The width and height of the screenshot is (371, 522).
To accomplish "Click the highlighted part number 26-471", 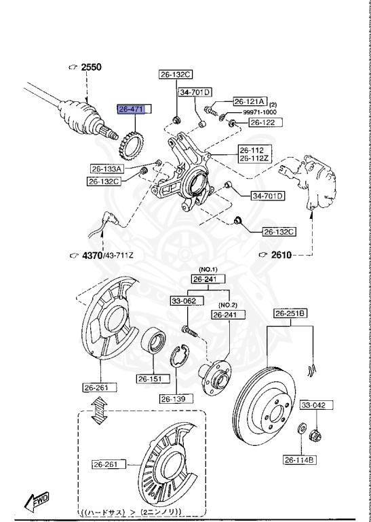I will click(134, 109).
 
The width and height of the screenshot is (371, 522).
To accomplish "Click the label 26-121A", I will click(250, 101).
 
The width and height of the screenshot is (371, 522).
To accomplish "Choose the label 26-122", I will click(263, 123).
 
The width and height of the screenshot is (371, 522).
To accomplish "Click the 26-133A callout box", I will click(108, 169).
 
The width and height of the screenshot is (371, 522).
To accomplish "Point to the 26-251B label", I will click(290, 313).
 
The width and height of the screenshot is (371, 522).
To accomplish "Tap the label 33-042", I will click(314, 404).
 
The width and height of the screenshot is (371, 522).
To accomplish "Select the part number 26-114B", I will click(299, 459).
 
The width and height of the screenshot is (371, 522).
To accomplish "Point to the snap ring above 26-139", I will click(182, 355).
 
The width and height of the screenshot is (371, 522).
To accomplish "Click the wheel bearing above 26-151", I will click(153, 341).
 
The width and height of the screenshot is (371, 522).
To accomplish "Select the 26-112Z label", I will click(253, 159).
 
